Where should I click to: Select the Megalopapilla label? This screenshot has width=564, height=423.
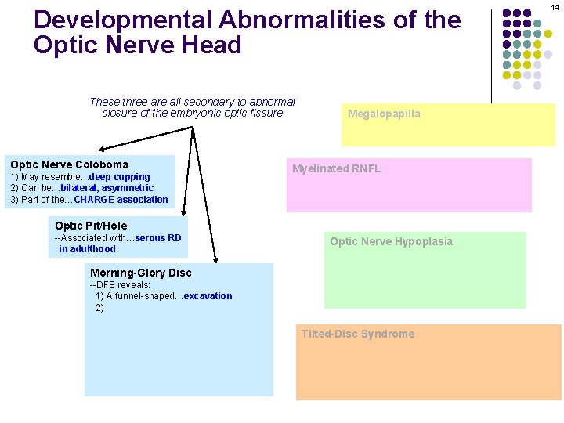tap(384, 114)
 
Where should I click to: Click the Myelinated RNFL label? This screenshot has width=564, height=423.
tap(336, 168)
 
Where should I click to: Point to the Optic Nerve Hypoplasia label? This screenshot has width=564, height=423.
tap(391, 241)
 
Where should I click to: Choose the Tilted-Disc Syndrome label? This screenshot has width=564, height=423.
tap(358, 334)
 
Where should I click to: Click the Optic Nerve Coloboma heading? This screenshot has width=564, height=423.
tap(69, 164)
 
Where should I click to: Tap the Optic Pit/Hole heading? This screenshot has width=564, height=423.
tap(91, 226)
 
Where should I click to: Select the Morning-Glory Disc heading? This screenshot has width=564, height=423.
tap(140, 273)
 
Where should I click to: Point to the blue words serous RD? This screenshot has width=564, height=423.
tap(158, 238)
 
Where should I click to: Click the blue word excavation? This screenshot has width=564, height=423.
tap(208, 296)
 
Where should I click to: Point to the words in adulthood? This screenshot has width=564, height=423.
tap(87, 249)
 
